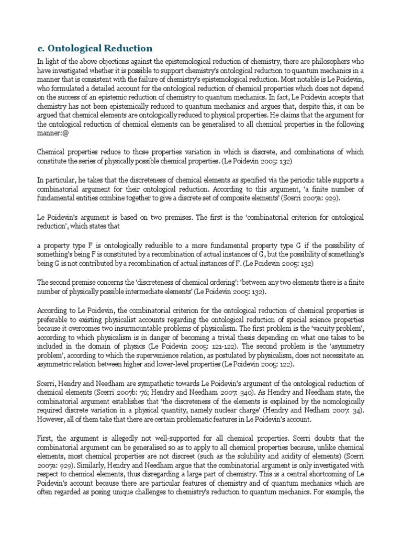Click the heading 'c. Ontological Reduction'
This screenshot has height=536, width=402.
click(94, 48)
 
